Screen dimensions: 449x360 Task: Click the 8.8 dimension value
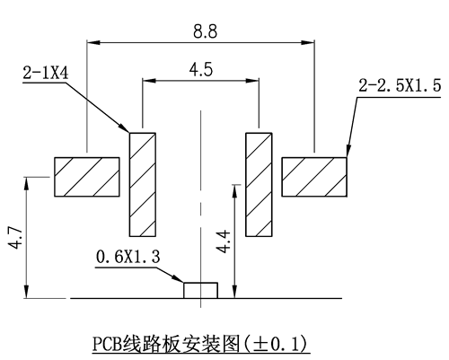coord(205,31)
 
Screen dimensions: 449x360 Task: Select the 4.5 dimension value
coord(201,70)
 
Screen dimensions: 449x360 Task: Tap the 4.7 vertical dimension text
coord(15,238)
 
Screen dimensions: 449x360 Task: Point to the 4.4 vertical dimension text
coord(224,241)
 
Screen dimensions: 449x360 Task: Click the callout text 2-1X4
coord(46,73)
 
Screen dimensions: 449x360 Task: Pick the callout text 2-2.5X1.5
coord(400,85)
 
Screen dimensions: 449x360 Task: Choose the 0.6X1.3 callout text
coord(128,257)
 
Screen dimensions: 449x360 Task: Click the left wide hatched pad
coord(87,177)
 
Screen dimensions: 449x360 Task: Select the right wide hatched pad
coord(314,177)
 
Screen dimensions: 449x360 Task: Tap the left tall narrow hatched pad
coord(143,184)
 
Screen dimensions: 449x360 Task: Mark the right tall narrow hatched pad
coord(259,184)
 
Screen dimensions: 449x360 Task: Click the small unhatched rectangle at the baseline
coord(200,290)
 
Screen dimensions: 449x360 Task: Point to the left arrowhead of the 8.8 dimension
coord(93,42)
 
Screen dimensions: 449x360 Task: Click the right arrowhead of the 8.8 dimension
coord(308,42)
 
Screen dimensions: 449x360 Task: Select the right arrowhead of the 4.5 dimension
coord(252,81)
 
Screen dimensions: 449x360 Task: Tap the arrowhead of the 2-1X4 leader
coord(124,127)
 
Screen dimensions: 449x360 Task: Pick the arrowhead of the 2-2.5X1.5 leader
coord(348,151)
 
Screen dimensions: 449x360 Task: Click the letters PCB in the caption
coord(107,344)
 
